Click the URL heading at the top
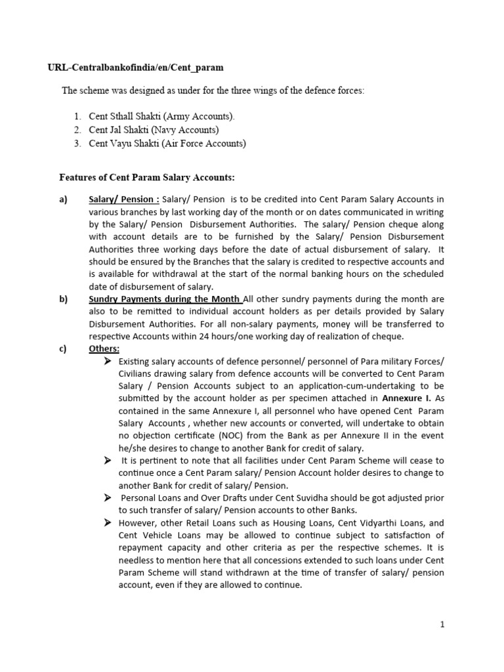[x=135, y=67]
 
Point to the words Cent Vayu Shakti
[x=122, y=144]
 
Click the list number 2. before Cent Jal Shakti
[x=77, y=130]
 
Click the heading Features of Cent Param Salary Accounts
[x=147, y=177]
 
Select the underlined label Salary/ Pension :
[x=124, y=199]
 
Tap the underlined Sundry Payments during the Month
[x=165, y=299]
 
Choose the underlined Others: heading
[x=104, y=349]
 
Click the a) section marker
[x=64, y=199]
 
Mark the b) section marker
[x=64, y=299]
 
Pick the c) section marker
[x=63, y=349]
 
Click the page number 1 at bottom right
[x=442, y=625]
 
